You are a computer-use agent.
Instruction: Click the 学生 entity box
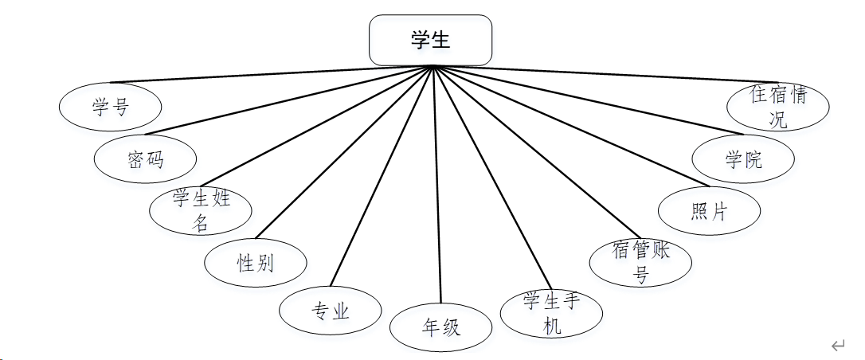(x=430, y=40)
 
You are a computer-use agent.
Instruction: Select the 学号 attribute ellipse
(x=111, y=105)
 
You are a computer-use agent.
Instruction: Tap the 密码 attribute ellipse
(x=145, y=159)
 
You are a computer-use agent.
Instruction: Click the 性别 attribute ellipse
(x=255, y=263)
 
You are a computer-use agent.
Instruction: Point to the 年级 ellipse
(x=440, y=327)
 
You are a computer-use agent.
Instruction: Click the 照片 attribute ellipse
(x=709, y=212)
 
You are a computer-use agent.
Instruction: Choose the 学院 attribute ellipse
(x=742, y=159)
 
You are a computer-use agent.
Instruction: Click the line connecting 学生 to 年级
(x=436, y=183)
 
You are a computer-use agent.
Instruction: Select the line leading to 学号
(x=271, y=74)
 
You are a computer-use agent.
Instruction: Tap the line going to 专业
(x=382, y=179)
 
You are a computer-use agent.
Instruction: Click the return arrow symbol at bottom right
(x=837, y=345)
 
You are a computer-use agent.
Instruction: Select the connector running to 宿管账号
(x=534, y=151)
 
